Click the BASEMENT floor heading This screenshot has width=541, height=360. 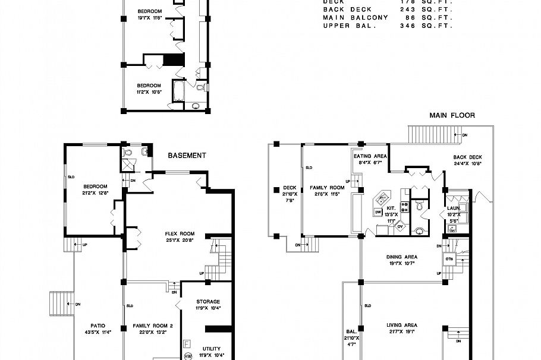pos(187,156)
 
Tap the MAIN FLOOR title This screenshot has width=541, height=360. pos(452,115)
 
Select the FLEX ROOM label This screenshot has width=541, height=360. pos(180,233)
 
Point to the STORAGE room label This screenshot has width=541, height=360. pos(207,302)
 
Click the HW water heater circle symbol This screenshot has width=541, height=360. pos(188,356)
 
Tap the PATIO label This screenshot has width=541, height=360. pos(98,326)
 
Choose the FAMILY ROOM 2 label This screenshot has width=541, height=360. pos(153,326)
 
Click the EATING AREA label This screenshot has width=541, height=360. pos(370,156)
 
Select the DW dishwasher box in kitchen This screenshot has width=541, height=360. pos(378,211)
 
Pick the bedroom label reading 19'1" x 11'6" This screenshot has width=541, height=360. pos(149,11)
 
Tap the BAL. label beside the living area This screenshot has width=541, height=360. pos(351,333)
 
